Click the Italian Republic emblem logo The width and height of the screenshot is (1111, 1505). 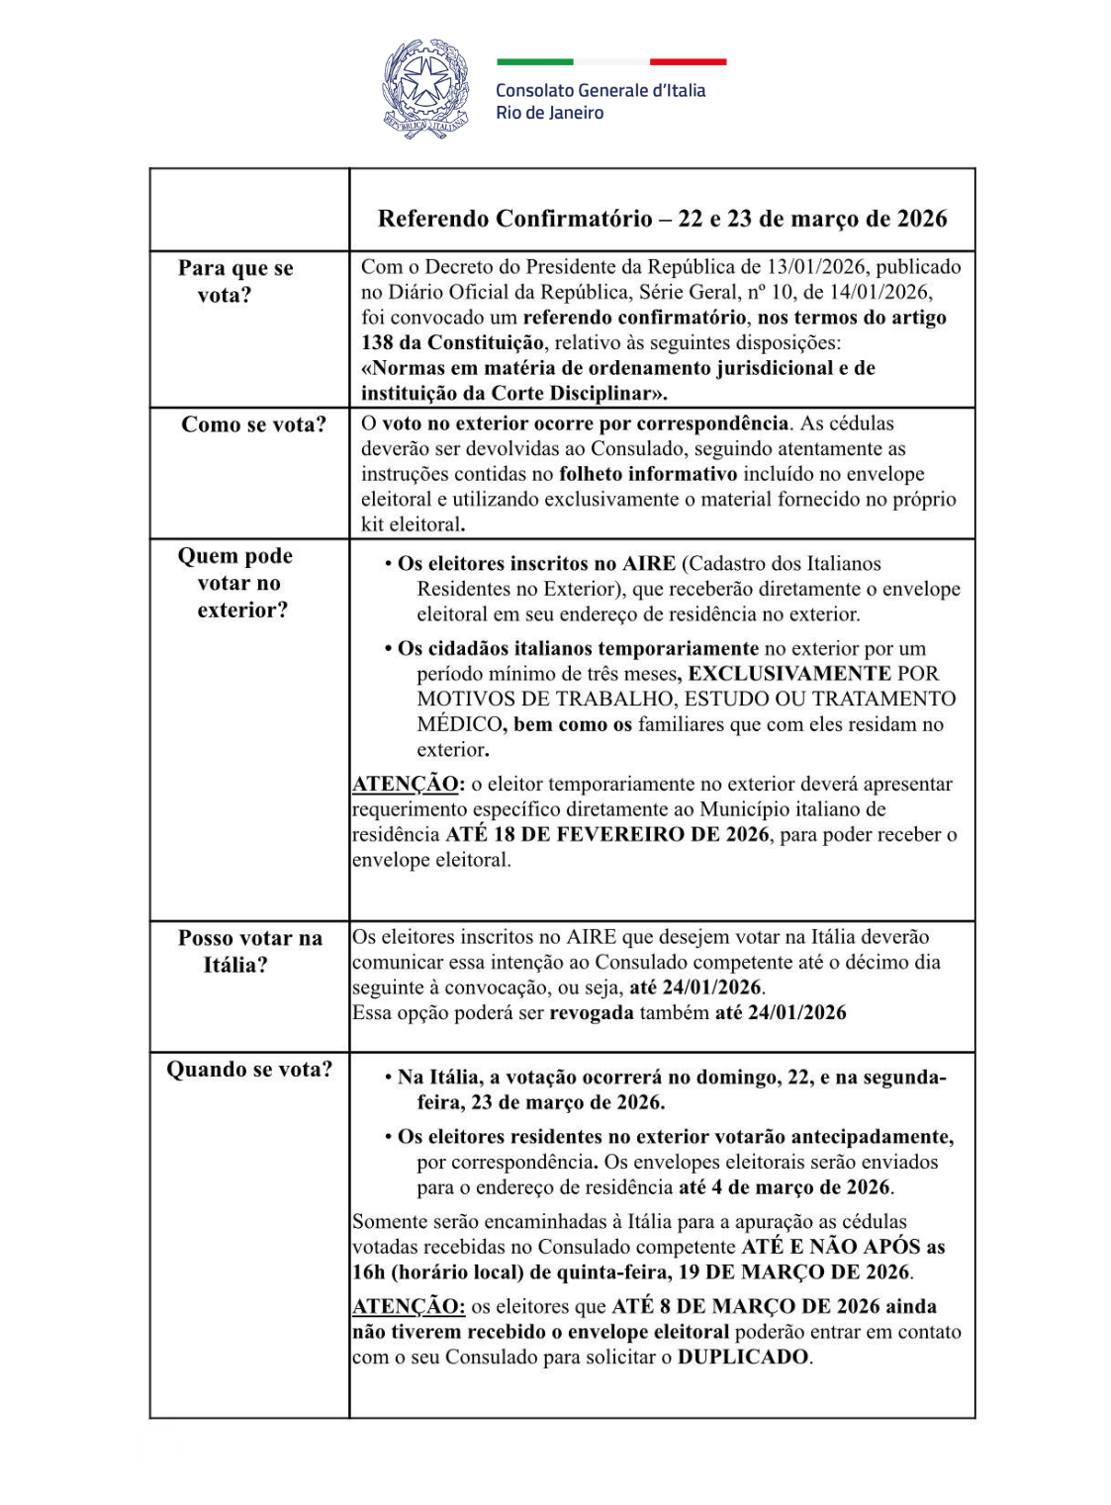pyautogui.click(x=425, y=88)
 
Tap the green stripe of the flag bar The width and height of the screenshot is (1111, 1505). pyautogui.click(x=534, y=62)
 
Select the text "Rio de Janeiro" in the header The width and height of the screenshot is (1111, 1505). pyautogui.click(x=549, y=113)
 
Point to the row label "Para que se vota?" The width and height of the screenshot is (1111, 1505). pyautogui.click(x=235, y=281)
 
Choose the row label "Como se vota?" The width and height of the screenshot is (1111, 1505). pyautogui.click(x=253, y=424)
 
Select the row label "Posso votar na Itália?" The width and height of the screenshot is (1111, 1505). pyautogui.click(x=249, y=951)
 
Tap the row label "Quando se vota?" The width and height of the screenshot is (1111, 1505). pyautogui.click(x=249, y=1070)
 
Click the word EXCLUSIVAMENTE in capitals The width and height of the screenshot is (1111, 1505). pyautogui.click(x=789, y=674)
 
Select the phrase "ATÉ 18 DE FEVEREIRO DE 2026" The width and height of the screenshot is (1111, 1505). pyautogui.click(x=606, y=834)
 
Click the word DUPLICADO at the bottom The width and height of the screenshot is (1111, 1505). pyautogui.click(x=743, y=1358)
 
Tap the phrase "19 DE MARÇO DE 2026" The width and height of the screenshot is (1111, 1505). pyautogui.click(x=793, y=1272)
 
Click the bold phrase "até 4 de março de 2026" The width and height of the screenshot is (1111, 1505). pyautogui.click(x=785, y=1187)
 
